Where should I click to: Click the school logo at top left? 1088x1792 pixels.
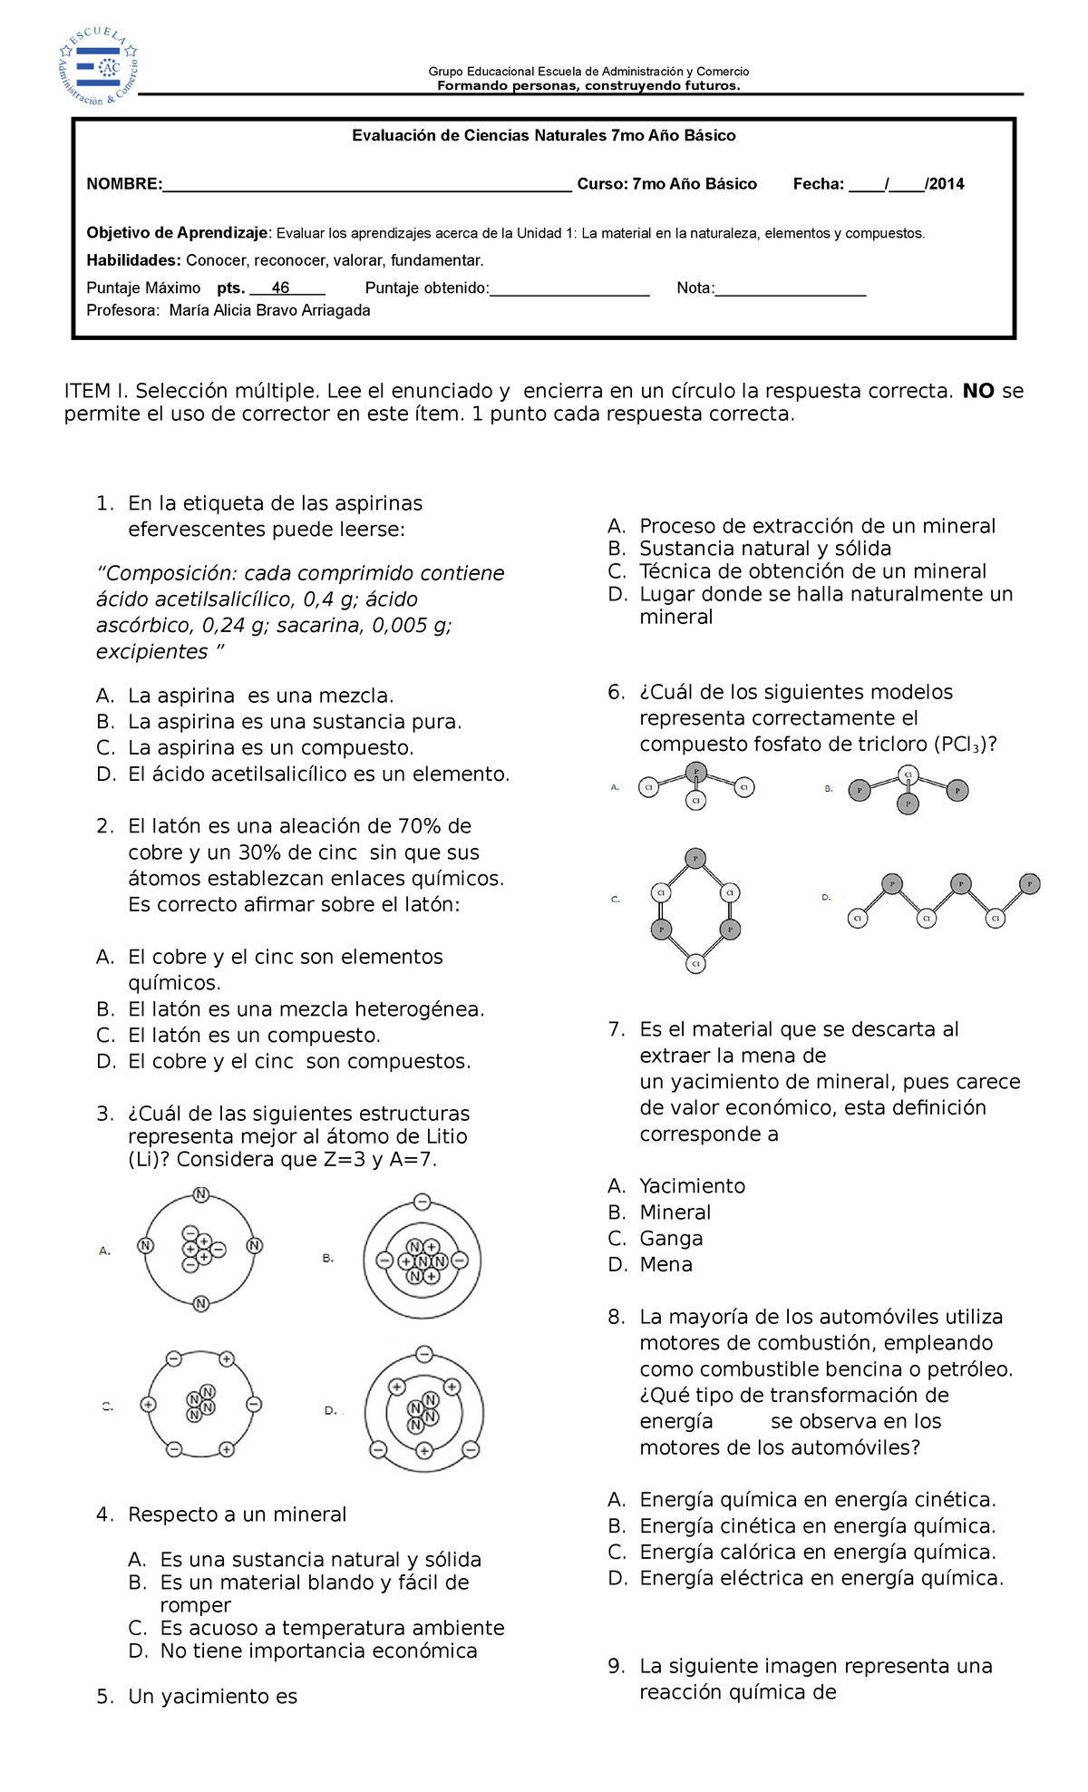point(98,66)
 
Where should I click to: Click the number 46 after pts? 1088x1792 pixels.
point(280,288)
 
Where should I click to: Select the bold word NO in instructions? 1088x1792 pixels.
point(978,391)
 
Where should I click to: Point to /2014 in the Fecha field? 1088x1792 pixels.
point(944,184)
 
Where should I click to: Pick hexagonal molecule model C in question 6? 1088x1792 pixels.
point(695,911)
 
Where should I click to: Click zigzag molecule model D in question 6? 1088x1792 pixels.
point(943,901)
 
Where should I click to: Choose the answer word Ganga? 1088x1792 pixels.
point(671,1239)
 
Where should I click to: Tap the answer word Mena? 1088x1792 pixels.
point(665,1265)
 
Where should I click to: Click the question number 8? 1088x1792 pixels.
point(617,1317)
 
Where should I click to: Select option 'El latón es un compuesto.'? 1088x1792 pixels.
point(254,1036)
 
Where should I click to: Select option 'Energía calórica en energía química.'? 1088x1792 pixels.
point(817,1552)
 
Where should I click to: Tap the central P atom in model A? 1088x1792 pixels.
point(696,772)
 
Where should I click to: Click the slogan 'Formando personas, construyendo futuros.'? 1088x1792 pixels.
point(588,86)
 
